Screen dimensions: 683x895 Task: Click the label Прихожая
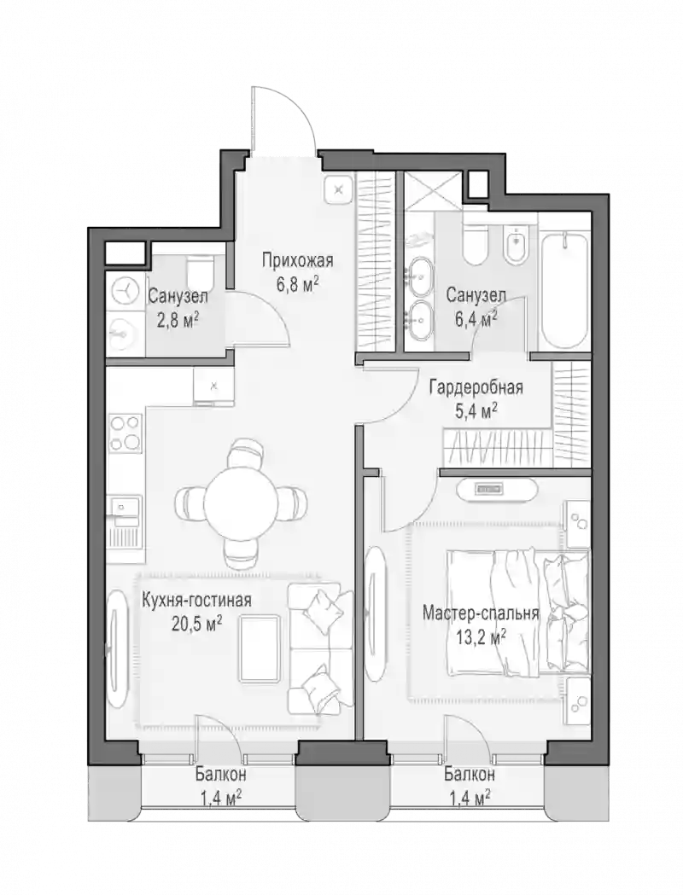(297, 261)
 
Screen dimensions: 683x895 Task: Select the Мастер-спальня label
(481, 613)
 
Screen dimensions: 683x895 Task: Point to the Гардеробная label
(476, 388)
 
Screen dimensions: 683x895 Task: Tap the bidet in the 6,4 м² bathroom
(517, 244)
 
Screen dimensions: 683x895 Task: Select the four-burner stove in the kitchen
(125, 433)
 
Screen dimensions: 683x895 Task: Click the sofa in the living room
(320, 648)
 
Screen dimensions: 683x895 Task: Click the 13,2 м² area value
(482, 636)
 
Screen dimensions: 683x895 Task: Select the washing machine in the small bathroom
(122, 292)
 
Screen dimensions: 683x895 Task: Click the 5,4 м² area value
(476, 410)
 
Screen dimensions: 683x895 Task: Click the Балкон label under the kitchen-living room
(220, 775)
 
